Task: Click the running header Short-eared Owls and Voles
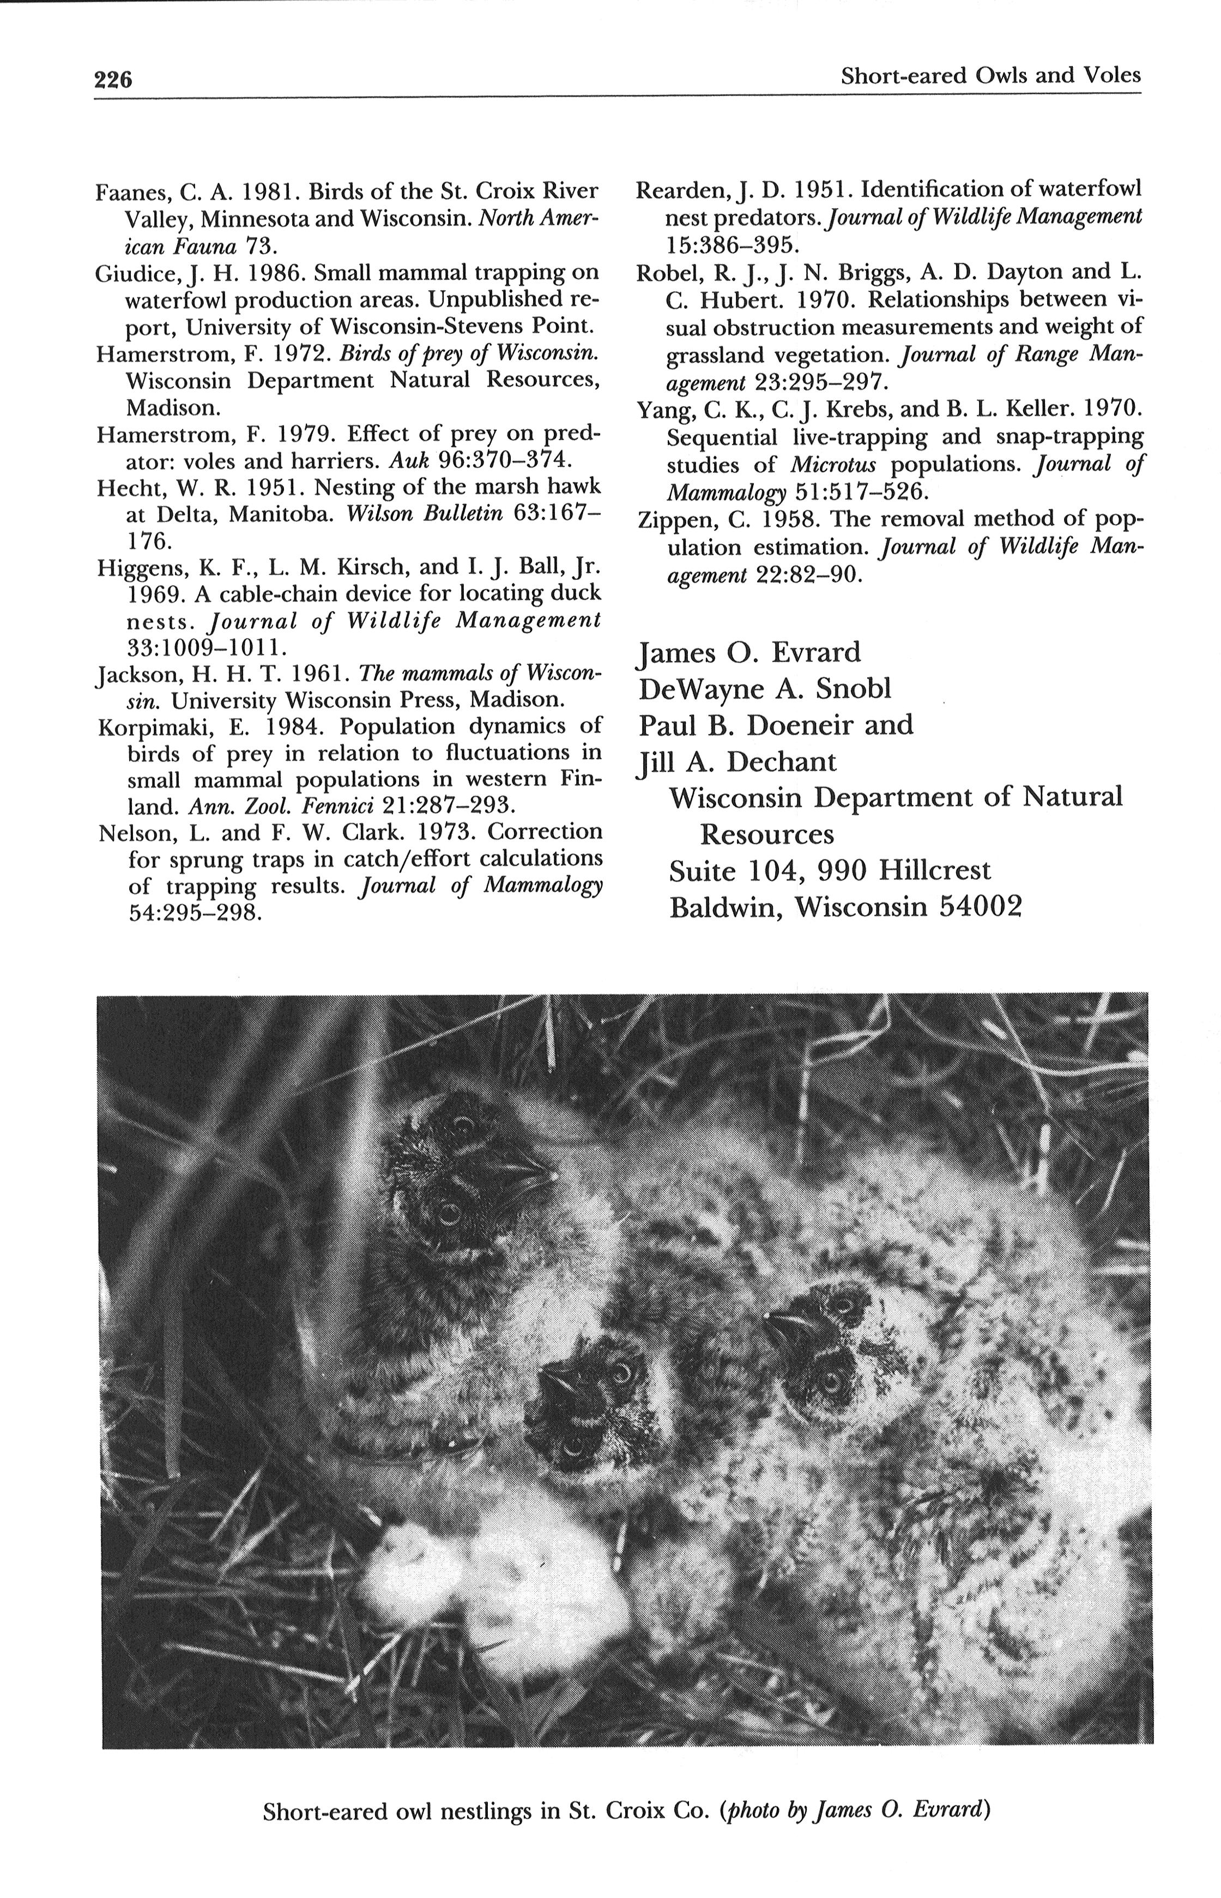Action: click(990, 76)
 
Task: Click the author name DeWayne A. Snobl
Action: click(764, 688)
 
